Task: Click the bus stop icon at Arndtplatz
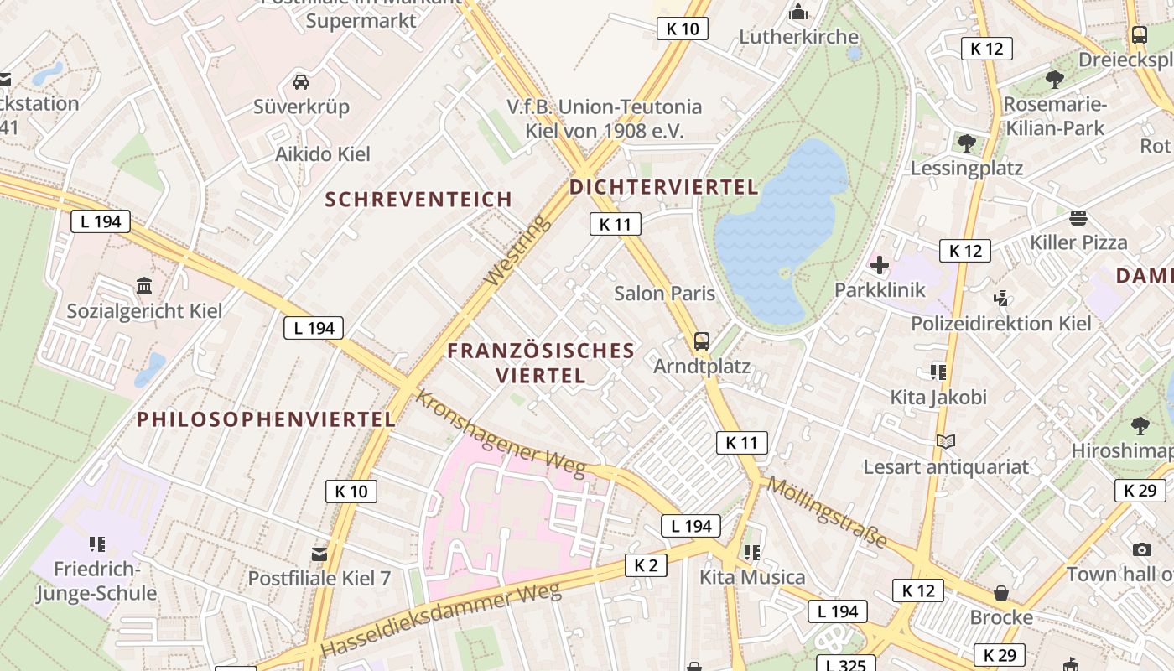[702, 341]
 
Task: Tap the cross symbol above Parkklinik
[879, 266]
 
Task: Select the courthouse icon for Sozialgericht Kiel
[143, 286]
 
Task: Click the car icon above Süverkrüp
[301, 82]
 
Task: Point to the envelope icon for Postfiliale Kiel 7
[319, 554]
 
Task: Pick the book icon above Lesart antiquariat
[946, 441]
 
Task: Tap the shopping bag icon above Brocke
[1000, 593]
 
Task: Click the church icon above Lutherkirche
[798, 12]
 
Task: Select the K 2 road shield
[646, 565]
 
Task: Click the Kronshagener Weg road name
[500, 434]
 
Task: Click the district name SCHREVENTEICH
[418, 200]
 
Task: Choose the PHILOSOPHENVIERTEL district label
[266, 419]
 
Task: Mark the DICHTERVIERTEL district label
[663, 187]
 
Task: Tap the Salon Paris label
[664, 294]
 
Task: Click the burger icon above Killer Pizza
[1078, 218]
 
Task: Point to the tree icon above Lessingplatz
[966, 143]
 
